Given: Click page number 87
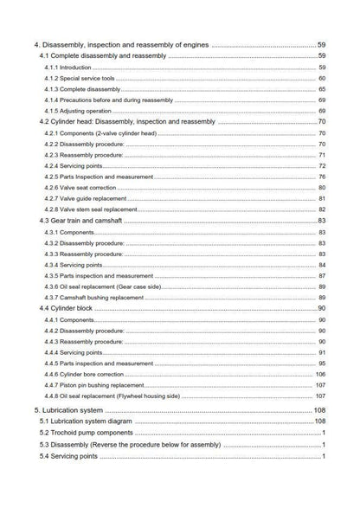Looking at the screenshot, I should tap(321, 275).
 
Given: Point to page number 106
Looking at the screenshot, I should tap(319, 375).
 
